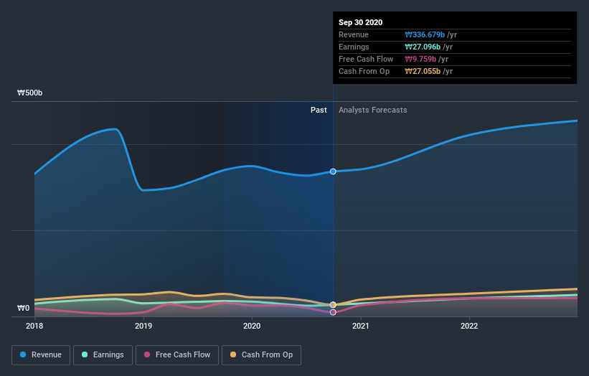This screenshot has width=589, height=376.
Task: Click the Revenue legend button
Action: (42, 354)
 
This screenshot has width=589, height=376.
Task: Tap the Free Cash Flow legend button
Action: (177, 354)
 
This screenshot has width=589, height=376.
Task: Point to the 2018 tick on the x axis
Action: (34, 326)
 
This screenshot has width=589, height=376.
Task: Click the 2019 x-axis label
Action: (143, 326)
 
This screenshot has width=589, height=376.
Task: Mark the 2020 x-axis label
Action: (252, 326)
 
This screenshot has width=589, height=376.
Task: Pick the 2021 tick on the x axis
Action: (361, 326)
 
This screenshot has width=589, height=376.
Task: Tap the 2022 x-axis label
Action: (469, 326)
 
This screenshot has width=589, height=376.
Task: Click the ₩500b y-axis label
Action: (30, 93)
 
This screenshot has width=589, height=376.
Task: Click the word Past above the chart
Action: (319, 110)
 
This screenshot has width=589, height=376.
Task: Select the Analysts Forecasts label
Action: (372, 110)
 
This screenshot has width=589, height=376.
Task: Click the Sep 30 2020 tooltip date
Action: (361, 22)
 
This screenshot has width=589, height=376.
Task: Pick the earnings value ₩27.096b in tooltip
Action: (424, 47)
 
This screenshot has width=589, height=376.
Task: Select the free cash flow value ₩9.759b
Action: (422, 59)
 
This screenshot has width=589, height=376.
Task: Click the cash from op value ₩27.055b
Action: (424, 71)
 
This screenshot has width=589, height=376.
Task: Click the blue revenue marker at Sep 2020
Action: (333, 171)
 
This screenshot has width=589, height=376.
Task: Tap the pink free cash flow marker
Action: (333, 312)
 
